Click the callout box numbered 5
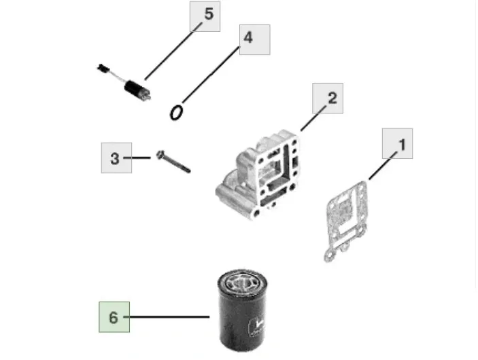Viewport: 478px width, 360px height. [x=205, y=16]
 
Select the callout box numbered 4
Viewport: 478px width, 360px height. [x=254, y=39]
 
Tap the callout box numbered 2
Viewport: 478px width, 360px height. [x=328, y=98]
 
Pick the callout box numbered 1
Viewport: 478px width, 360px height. [x=398, y=143]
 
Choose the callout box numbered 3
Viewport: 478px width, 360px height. [x=116, y=158]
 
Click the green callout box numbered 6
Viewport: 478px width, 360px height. [x=114, y=317]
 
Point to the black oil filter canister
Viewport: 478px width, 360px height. [x=242, y=310]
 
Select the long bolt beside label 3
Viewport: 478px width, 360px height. [x=173, y=162]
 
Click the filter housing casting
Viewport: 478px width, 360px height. [x=258, y=175]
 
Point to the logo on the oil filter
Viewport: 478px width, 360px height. [x=257, y=326]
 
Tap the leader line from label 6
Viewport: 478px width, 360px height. [x=167, y=317]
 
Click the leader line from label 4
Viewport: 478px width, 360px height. [x=211, y=75]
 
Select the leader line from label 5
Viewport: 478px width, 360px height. [x=173, y=51]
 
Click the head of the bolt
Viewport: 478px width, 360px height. [x=160, y=154]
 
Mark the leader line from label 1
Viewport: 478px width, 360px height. [x=383, y=165]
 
